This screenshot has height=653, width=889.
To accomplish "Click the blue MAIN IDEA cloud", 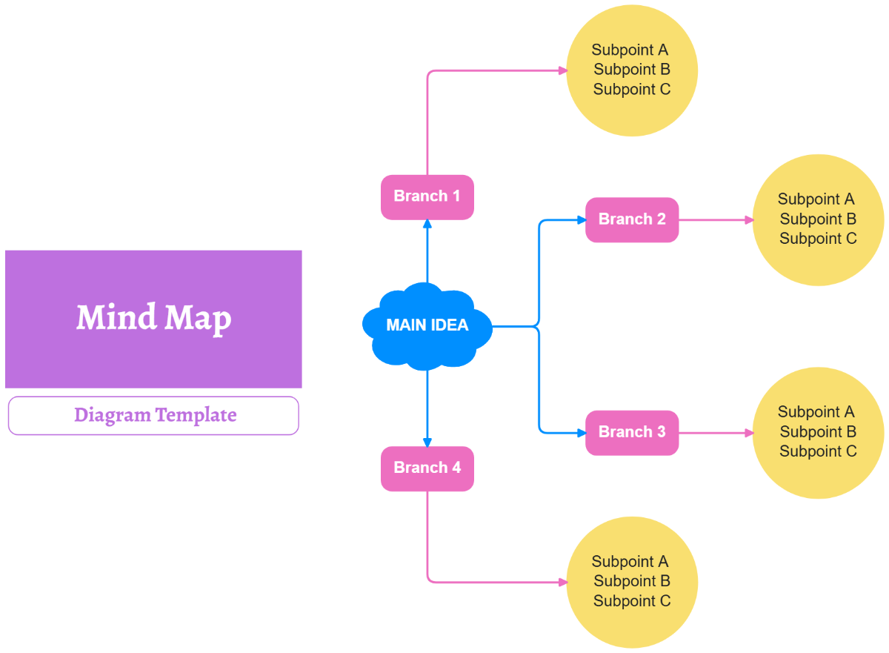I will [x=427, y=325].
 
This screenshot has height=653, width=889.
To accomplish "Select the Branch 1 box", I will [x=427, y=196].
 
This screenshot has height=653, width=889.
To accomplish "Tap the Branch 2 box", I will [x=632, y=219].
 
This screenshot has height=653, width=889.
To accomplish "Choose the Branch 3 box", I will [x=632, y=432].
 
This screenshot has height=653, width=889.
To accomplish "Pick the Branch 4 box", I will [x=427, y=468].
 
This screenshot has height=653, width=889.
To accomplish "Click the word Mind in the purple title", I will [x=116, y=317].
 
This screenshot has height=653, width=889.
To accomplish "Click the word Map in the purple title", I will [x=198, y=319].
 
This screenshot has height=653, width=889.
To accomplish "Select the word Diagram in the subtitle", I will [x=113, y=415].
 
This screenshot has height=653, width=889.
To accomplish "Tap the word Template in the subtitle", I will [x=196, y=415].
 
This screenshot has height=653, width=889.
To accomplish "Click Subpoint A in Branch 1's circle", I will [x=630, y=50].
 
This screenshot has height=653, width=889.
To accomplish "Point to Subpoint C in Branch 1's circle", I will [x=632, y=89].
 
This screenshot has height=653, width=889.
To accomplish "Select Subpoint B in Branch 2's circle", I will [x=818, y=219].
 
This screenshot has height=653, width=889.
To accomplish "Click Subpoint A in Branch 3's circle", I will [x=816, y=411].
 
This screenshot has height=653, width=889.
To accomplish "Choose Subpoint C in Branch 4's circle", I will [x=632, y=601].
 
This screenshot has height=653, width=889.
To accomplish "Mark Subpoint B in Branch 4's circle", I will [x=632, y=581].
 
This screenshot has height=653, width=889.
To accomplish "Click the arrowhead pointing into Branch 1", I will [x=427, y=223].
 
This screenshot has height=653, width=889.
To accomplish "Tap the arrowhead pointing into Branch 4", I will [x=427, y=442].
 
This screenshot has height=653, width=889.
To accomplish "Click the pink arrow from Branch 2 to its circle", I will [x=715, y=220].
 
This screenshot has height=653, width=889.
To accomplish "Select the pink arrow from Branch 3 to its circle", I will [x=715, y=433].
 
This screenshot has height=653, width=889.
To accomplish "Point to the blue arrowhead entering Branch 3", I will [x=581, y=432].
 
